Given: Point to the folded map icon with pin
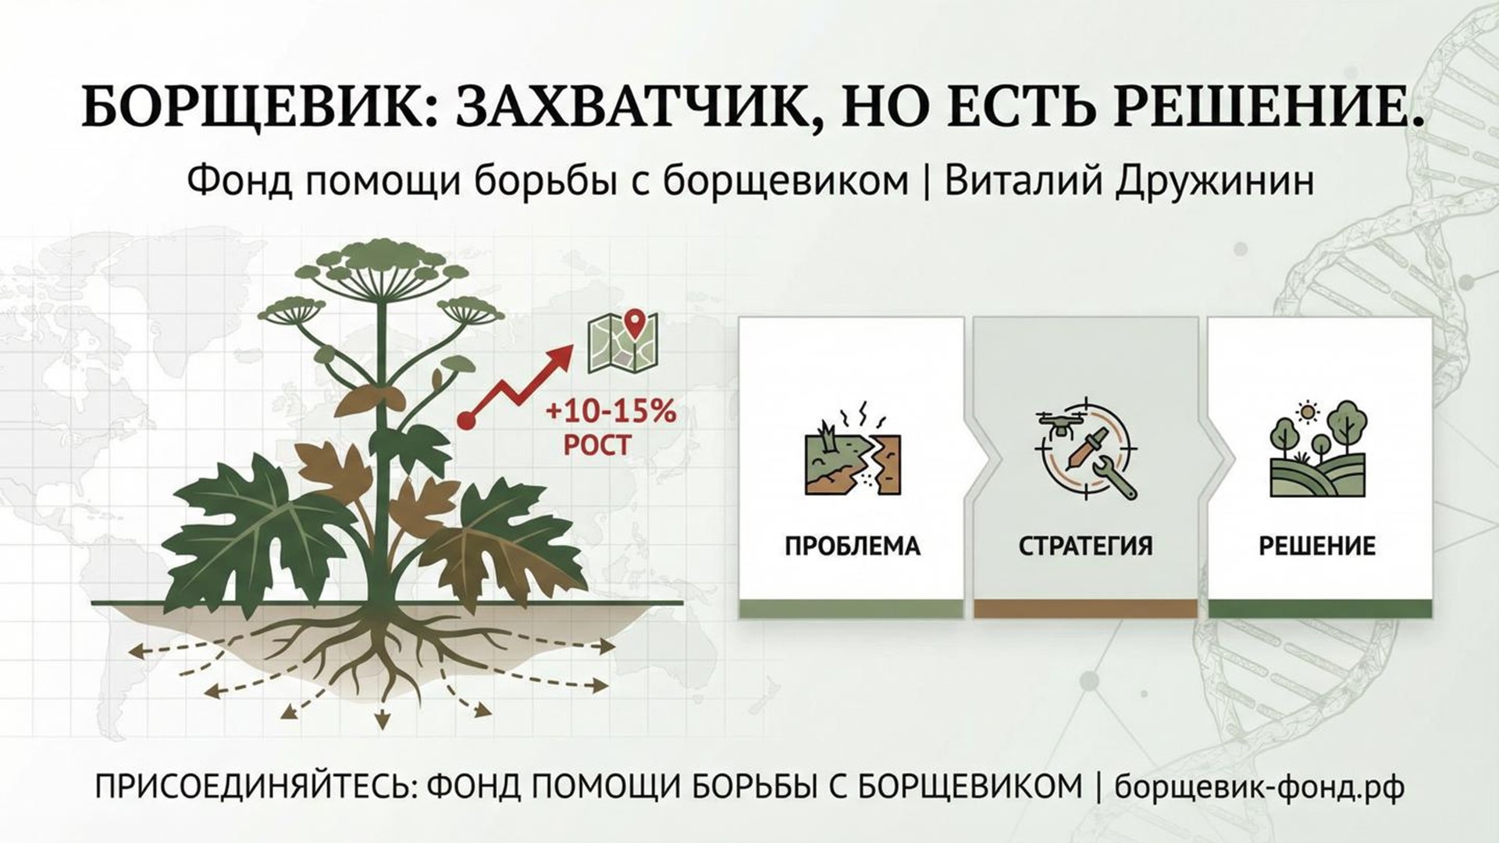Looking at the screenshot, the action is [x=623, y=340].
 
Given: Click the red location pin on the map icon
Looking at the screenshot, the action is [x=636, y=324].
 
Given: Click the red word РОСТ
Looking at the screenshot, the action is [x=596, y=446].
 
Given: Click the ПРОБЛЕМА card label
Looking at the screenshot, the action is [x=853, y=546].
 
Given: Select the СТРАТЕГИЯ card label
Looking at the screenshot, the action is [x=1085, y=546].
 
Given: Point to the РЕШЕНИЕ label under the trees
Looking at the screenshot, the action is [x=1317, y=546].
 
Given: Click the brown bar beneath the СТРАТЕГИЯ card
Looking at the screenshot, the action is [x=1085, y=609].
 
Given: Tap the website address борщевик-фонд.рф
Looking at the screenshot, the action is [x=1259, y=787].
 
